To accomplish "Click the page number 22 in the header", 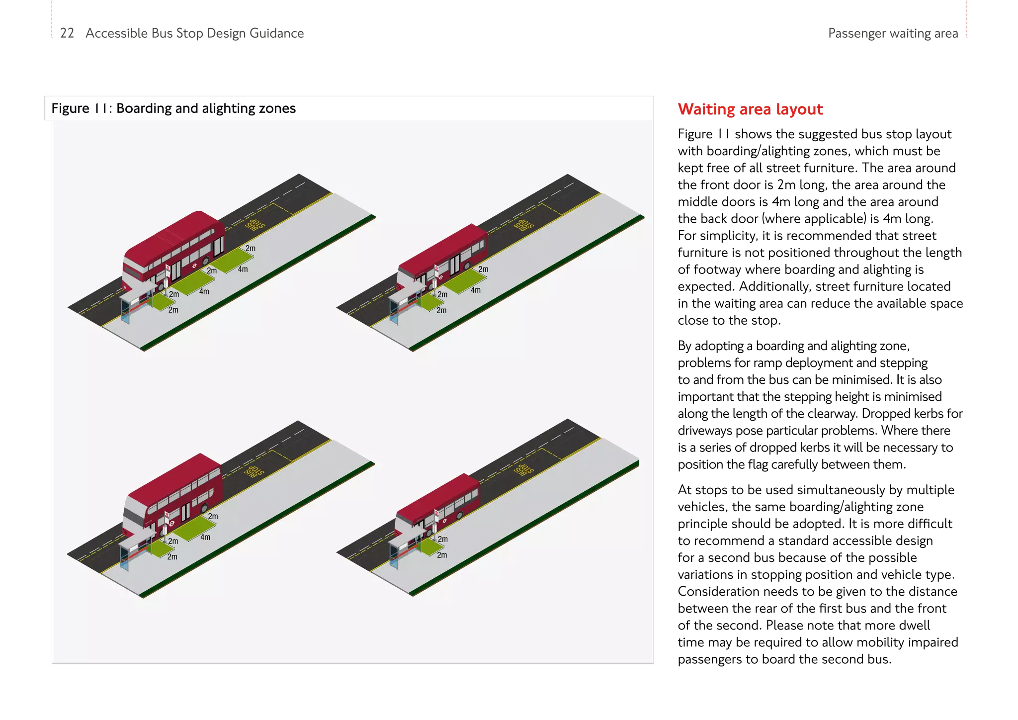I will [x=67, y=33].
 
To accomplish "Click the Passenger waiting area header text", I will [x=892, y=34].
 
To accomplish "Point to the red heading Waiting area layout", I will [x=750, y=109].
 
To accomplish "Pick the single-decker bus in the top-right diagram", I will [x=442, y=259].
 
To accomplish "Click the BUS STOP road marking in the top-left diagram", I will [x=255, y=225].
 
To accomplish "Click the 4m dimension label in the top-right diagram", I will [x=476, y=290].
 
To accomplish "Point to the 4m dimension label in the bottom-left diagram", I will [x=205, y=537].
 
